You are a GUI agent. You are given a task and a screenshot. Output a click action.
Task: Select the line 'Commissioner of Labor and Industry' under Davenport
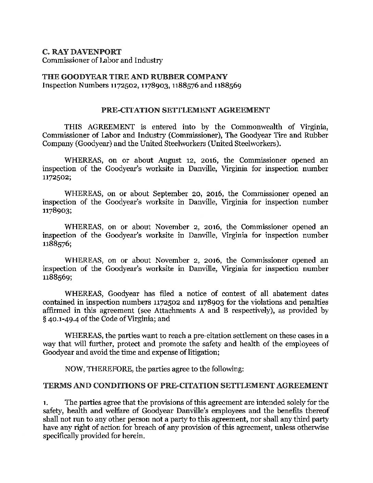(x=102, y=61)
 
